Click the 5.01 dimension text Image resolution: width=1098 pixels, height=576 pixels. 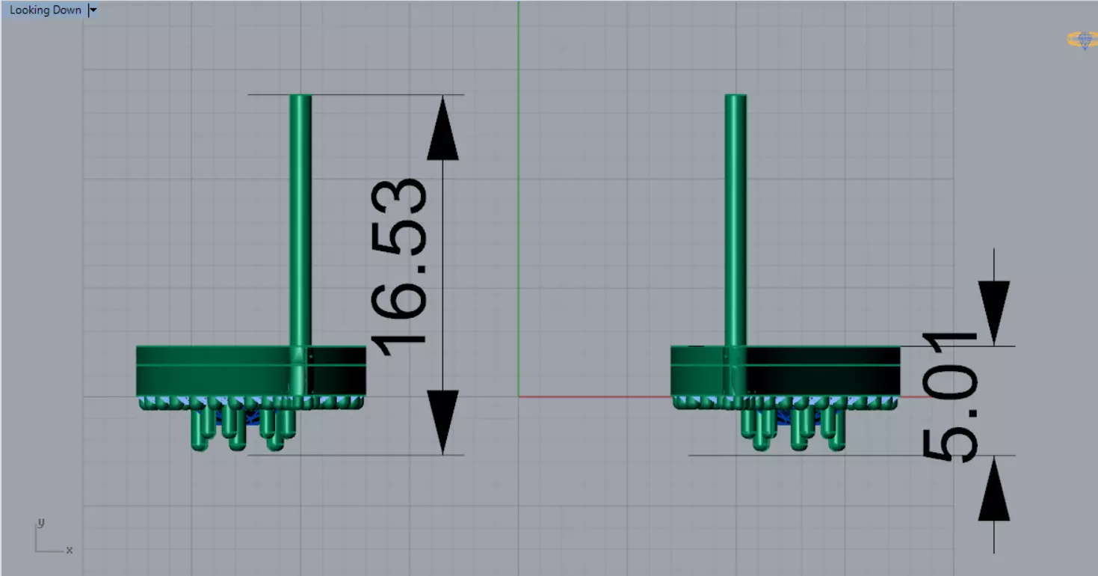[x=949, y=396]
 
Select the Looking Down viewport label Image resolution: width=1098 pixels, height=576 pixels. [x=45, y=10]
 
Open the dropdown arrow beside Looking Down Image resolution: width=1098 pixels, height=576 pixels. [x=93, y=10]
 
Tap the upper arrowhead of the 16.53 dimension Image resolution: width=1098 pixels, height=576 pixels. [x=442, y=131]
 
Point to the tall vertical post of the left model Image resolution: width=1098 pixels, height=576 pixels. [x=300, y=217]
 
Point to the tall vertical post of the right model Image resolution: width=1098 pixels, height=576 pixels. [x=735, y=217]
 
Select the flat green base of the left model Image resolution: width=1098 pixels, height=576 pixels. [x=217, y=371]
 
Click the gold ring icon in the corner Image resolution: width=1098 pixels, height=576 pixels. [x=1082, y=40]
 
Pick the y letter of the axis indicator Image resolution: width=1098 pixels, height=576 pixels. [x=42, y=522]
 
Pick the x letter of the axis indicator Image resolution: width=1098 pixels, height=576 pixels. [x=70, y=550]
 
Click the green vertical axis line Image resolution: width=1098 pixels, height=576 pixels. [x=519, y=187]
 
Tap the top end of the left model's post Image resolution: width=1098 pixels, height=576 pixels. [x=300, y=97]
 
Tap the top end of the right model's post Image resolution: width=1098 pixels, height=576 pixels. [x=735, y=97]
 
